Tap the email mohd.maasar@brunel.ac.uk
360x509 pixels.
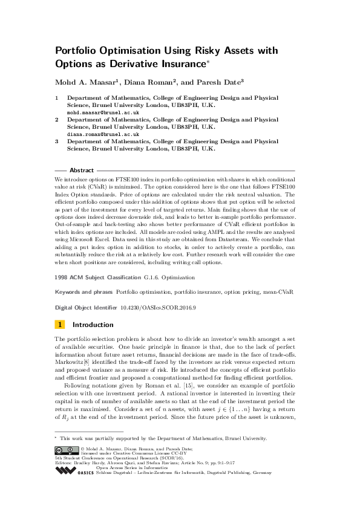tap(103, 112)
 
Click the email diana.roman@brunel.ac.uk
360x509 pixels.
tap(103, 135)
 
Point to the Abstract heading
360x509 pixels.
tap(82, 170)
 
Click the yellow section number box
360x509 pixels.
tap(59, 325)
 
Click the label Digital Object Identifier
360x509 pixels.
tap(87, 308)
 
